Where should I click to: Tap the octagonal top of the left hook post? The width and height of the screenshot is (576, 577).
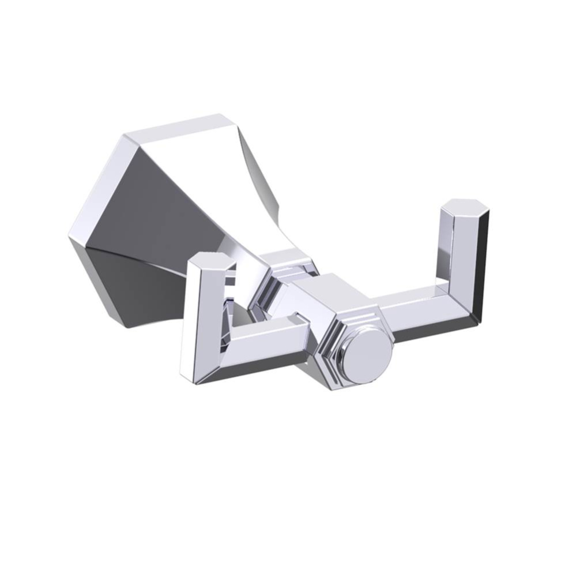click(212, 263)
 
